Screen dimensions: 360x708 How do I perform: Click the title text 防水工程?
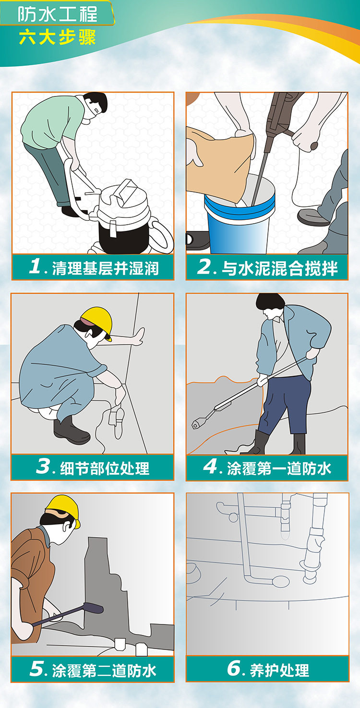[57, 15]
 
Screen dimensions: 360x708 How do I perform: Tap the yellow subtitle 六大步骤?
[57, 37]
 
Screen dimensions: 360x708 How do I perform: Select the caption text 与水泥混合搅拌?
[279, 268]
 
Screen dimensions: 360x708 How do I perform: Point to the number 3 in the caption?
[44, 466]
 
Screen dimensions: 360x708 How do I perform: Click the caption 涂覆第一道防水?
[279, 468]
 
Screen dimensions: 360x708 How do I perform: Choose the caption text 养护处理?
[279, 670]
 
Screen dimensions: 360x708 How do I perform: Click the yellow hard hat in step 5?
[64, 510]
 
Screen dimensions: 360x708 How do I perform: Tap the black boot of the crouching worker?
[70, 431]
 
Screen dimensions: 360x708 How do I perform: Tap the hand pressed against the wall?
[139, 336]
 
